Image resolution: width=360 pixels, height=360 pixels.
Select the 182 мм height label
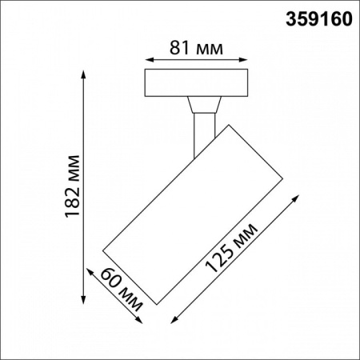click(x=73, y=183)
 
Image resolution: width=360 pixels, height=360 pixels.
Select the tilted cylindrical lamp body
click(x=195, y=211)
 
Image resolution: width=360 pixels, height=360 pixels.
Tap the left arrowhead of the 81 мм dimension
click(x=147, y=59)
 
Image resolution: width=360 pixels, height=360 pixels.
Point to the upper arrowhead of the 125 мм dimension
click(x=298, y=194)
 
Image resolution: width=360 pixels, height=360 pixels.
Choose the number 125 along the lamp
click(x=222, y=258)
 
